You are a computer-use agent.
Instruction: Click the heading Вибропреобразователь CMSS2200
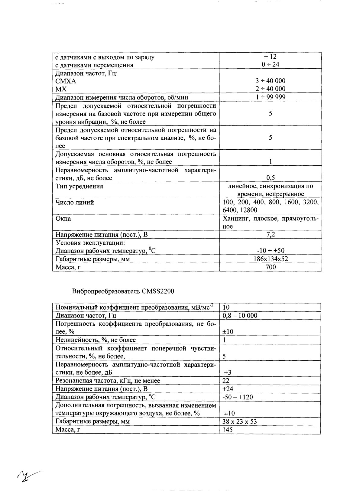[x=123, y=291]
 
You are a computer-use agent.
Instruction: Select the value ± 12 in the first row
[x=270, y=57]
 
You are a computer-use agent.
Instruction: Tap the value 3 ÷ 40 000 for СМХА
[x=270, y=81]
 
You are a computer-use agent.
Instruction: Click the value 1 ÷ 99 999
[x=270, y=97]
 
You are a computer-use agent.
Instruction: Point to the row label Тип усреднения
[x=79, y=186]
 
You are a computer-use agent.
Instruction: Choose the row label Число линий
[x=75, y=202]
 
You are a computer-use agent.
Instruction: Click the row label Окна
[x=63, y=218]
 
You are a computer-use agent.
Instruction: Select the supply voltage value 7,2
[x=270, y=234]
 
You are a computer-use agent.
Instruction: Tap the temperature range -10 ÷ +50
[x=270, y=251]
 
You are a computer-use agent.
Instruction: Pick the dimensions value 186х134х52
[x=270, y=259]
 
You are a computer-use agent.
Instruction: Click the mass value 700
[x=270, y=267]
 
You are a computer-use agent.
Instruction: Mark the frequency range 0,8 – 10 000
[x=240, y=316]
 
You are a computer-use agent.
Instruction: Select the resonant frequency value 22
[x=226, y=381]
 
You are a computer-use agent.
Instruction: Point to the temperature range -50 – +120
[x=238, y=397]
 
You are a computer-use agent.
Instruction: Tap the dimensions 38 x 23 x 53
[x=239, y=421]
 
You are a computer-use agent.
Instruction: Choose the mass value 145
[x=227, y=430]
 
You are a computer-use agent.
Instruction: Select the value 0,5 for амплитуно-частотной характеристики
[x=270, y=178]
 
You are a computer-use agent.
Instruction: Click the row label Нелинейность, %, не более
[x=96, y=340]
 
